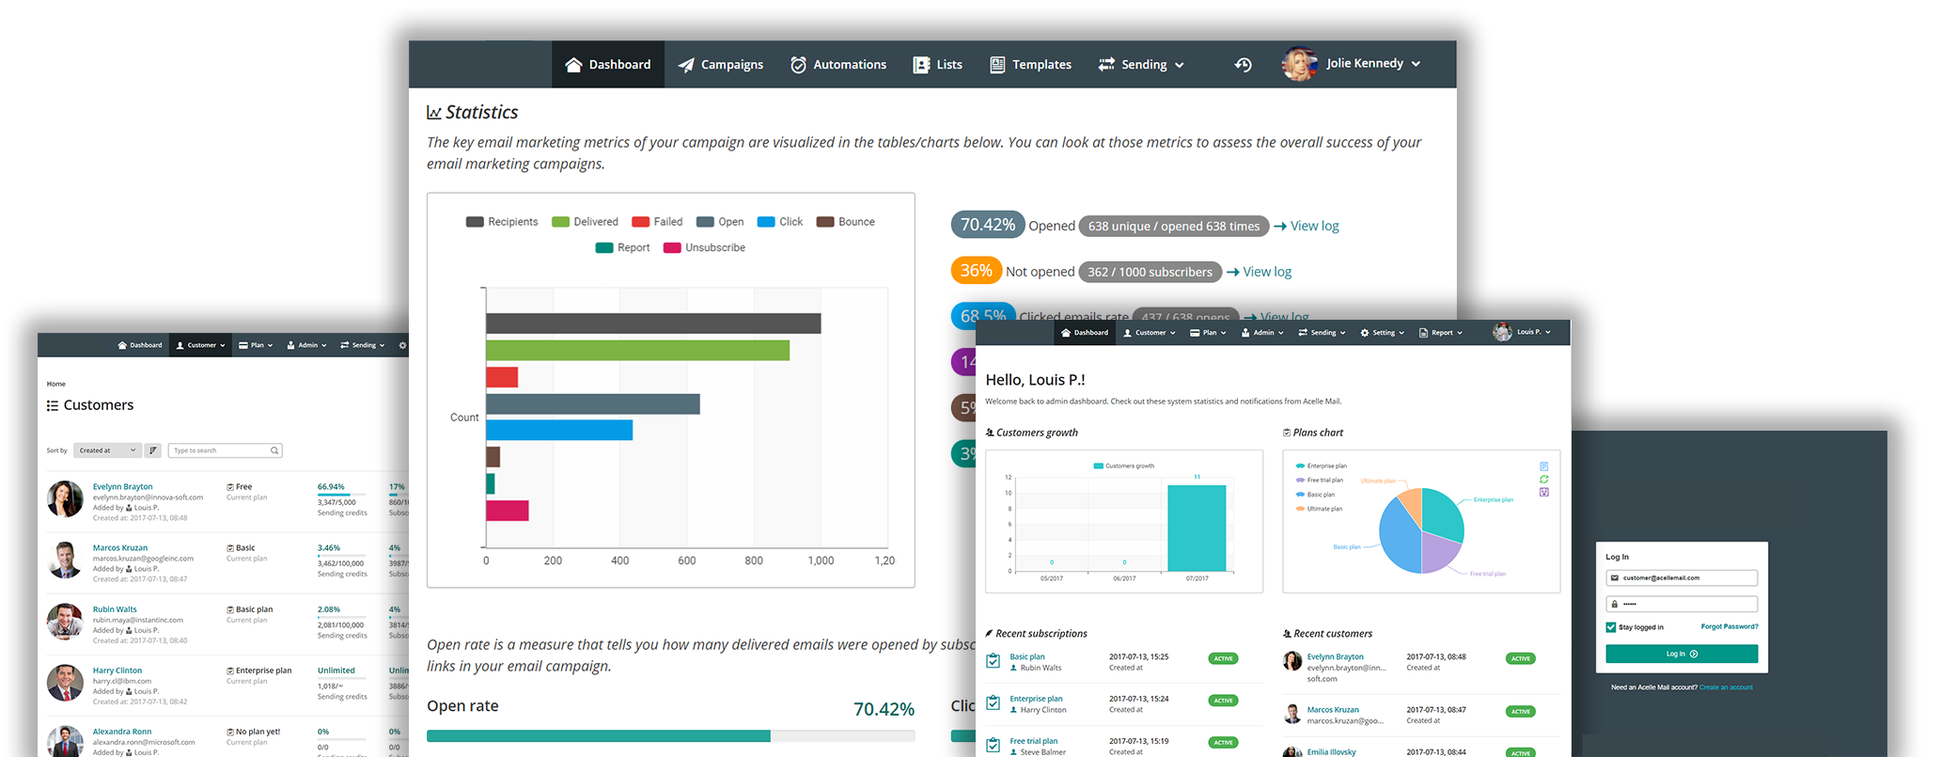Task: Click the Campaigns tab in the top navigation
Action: (721, 65)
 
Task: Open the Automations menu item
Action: (838, 65)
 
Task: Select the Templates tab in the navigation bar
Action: (1030, 65)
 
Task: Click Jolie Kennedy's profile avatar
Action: (1299, 64)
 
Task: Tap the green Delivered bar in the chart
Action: (637, 351)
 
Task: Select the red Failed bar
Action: (502, 377)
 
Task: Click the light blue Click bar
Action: (559, 430)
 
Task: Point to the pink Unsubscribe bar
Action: (508, 511)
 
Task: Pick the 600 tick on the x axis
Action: (687, 560)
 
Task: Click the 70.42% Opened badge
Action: (987, 225)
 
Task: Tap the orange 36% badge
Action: (976, 271)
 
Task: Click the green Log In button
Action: (1682, 654)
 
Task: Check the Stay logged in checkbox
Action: (1611, 627)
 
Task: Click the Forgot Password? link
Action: (1729, 626)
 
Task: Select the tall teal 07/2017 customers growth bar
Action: (1197, 528)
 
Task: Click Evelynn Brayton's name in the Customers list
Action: (122, 487)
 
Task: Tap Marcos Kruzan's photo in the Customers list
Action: (65, 560)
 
